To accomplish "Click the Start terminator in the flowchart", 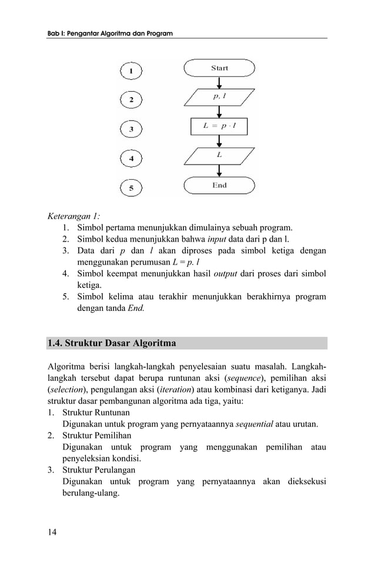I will (x=219, y=68).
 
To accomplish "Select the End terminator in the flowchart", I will (x=219, y=186).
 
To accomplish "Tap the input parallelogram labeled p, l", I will (x=219, y=97).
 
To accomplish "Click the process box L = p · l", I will (x=219, y=126).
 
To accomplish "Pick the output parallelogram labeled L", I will (x=219, y=156).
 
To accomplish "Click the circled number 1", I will (x=131, y=71).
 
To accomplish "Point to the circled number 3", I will (x=131, y=129).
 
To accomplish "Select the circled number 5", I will (x=131, y=188).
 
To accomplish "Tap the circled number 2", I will (x=131, y=100).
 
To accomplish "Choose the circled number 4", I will (x=131, y=159).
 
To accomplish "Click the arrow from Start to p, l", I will (x=219, y=82).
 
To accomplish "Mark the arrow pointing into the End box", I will (x=219, y=171).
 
